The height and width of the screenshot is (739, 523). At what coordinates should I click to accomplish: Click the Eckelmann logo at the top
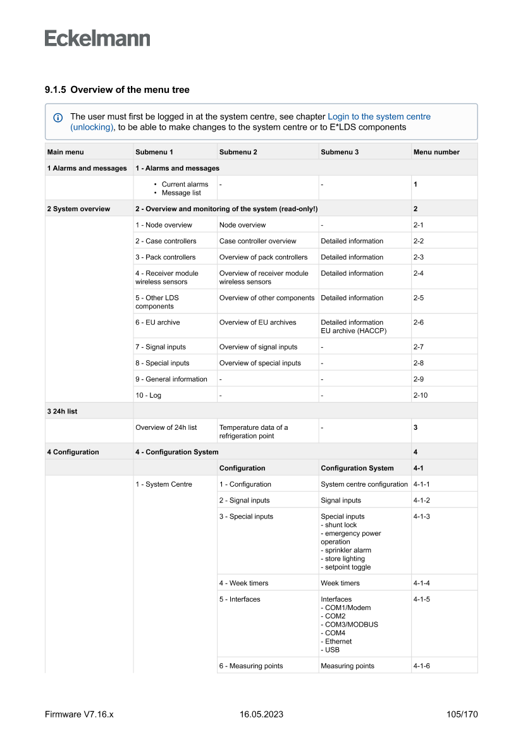(97, 39)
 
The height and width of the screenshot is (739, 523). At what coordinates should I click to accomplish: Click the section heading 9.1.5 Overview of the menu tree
(117, 90)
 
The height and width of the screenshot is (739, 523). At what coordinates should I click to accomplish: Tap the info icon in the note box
(58, 118)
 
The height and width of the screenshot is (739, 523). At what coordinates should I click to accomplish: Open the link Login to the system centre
(379, 117)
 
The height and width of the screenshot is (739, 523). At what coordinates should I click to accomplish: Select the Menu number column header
(436, 152)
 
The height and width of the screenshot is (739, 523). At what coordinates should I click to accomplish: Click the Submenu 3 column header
(340, 152)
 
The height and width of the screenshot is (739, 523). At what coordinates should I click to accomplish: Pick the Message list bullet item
(181, 193)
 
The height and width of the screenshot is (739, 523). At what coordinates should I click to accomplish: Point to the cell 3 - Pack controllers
(165, 257)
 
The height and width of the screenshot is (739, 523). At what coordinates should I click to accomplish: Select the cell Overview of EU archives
(257, 322)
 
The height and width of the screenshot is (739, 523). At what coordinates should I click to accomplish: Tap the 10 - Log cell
(148, 395)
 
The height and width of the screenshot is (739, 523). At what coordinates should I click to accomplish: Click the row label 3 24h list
(62, 411)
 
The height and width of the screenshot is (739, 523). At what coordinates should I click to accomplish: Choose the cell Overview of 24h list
(166, 427)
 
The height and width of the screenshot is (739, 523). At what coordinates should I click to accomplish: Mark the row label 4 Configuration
(73, 452)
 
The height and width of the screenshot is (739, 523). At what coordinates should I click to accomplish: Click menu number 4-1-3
(422, 516)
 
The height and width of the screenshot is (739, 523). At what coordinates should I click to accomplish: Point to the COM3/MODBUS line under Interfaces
(351, 625)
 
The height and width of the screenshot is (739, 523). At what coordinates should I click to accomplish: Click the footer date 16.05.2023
(261, 714)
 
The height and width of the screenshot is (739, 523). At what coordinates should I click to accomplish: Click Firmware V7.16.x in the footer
(79, 714)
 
